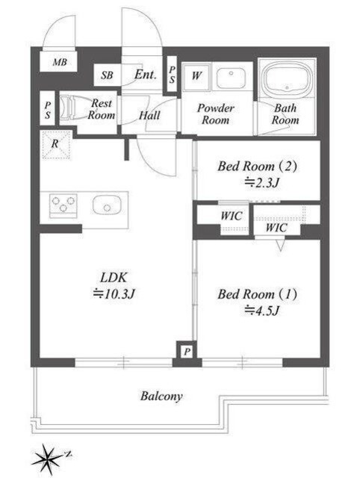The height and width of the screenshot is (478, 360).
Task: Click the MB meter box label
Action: [x=60, y=62]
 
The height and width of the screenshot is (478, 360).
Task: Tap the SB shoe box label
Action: [x=107, y=75]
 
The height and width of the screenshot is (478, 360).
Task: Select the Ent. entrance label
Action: [x=146, y=75]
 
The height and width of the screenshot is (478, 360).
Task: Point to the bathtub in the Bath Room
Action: [x=287, y=78]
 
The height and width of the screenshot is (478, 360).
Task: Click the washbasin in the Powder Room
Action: [x=231, y=78]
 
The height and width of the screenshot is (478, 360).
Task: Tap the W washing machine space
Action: [x=196, y=75]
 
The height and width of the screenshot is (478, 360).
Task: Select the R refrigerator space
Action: [x=57, y=144]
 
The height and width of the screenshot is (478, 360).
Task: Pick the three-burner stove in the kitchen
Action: [x=63, y=205]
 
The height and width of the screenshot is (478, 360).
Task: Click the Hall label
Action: [x=149, y=115]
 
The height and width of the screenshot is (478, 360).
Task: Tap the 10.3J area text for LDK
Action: [x=114, y=294]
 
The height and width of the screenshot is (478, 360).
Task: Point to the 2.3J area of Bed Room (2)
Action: [x=262, y=182]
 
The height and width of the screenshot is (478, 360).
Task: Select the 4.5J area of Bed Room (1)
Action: [x=262, y=311]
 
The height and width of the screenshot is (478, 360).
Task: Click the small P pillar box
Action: [x=187, y=352]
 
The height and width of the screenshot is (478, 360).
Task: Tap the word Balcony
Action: [x=161, y=397]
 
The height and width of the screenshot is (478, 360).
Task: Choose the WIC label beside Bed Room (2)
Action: [x=232, y=216]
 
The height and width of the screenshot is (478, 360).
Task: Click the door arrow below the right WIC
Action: [x=280, y=245]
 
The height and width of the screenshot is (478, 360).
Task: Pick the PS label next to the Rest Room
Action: [x=48, y=110]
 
